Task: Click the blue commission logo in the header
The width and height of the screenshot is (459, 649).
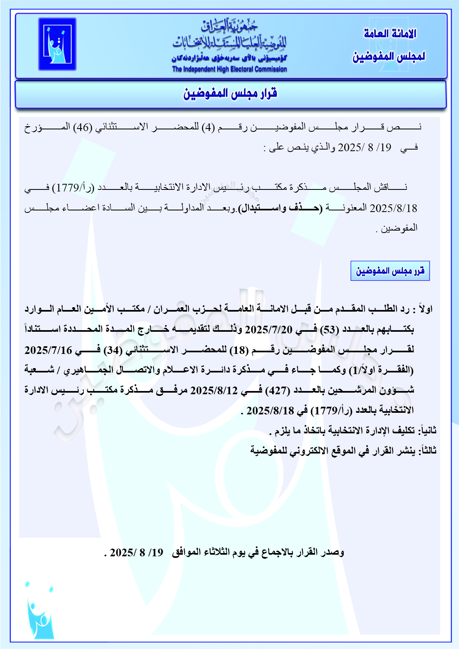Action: (57, 44)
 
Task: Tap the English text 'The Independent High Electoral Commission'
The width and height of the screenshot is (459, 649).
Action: (229, 69)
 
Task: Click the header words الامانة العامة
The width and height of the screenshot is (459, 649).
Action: (390, 33)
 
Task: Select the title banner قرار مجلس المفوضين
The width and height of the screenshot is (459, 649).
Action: (230, 94)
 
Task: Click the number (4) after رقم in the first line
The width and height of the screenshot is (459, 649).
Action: (209, 127)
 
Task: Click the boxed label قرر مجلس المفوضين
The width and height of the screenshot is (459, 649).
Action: (390, 271)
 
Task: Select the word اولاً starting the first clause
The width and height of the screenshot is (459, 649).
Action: (425, 309)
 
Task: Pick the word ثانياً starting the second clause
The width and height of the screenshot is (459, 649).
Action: (428, 430)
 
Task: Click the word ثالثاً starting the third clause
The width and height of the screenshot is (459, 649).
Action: (428, 450)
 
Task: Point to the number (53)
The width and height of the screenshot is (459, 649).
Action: (330, 329)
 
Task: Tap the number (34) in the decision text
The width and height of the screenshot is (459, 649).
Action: (113, 349)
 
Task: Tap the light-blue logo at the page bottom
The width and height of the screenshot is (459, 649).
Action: (39, 610)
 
